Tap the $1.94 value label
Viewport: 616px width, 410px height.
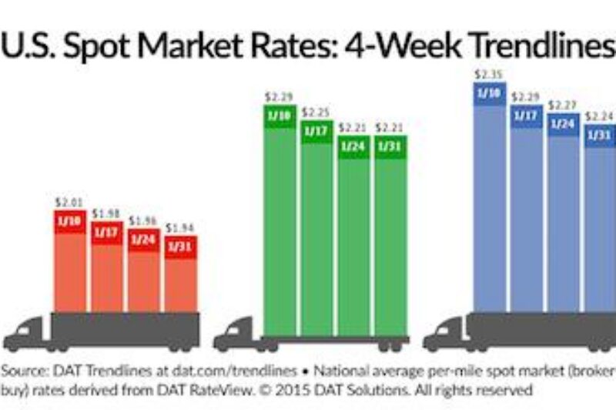[182, 229]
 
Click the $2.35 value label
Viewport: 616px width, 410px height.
[490, 74]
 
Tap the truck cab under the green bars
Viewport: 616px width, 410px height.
[234, 334]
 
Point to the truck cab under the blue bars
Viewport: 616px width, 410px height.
[444, 334]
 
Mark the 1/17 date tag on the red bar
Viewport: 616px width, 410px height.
[107, 232]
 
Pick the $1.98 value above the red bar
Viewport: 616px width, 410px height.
[106, 213]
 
